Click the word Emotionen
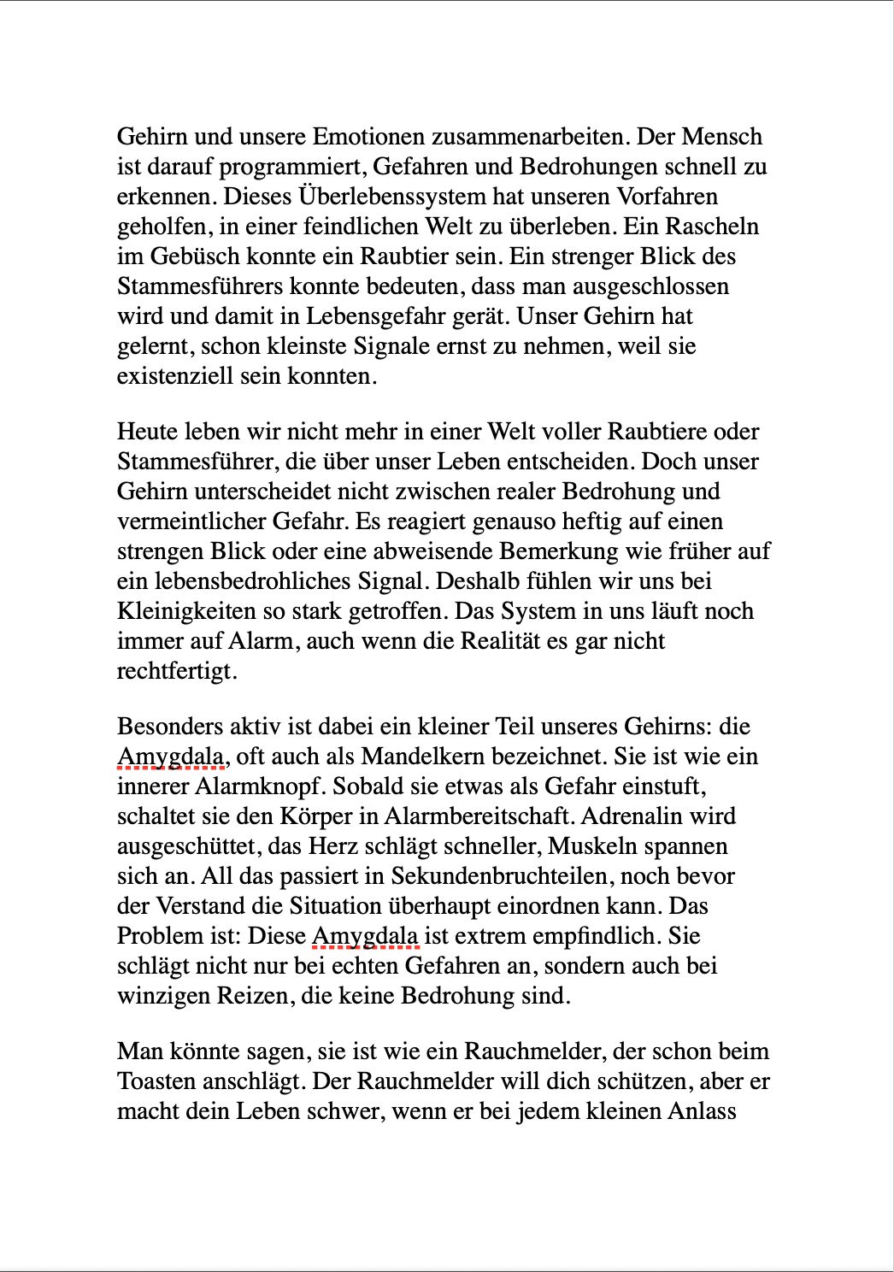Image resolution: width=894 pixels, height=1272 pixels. coord(368,137)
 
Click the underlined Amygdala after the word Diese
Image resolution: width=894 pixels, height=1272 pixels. coord(365,936)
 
